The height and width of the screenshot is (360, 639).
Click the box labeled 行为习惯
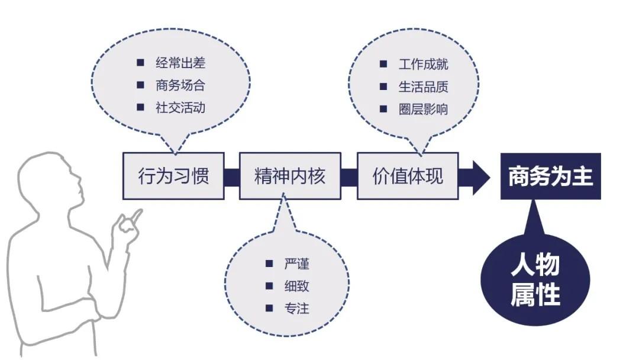tap(173, 176)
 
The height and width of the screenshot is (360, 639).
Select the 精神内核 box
tap(290, 176)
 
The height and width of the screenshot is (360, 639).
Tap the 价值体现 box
tap(408, 176)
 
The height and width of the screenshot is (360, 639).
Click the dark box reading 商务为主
tap(551, 176)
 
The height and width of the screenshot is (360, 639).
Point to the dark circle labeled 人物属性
tap(535, 279)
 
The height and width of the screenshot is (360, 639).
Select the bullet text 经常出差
tap(180, 63)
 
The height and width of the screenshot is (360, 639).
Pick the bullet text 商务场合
tap(180, 85)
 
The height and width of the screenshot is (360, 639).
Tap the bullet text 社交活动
tap(180, 108)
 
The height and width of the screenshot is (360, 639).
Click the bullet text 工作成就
tap(424, 65)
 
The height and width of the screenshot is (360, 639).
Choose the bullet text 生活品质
tap(424, 87)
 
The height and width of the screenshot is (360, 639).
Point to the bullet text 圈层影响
tap(424, 110)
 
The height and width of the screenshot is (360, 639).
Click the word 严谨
tap(296, 263)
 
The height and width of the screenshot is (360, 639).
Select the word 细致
tap(296, 286)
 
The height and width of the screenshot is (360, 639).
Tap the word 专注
tap(296, 308)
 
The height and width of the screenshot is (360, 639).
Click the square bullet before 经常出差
tap(141, 62)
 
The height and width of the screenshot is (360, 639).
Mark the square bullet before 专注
tap(269, 308)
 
